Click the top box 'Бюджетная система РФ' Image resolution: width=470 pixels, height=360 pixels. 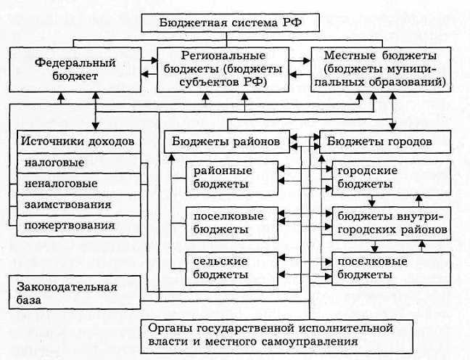click(x=231, y=22)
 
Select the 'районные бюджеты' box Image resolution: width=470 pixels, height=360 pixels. click(x=232, y=177)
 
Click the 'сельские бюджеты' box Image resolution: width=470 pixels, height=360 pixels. click(x=232, y=267)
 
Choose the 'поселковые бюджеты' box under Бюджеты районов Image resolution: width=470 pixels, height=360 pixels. click(x=232, y=222)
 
